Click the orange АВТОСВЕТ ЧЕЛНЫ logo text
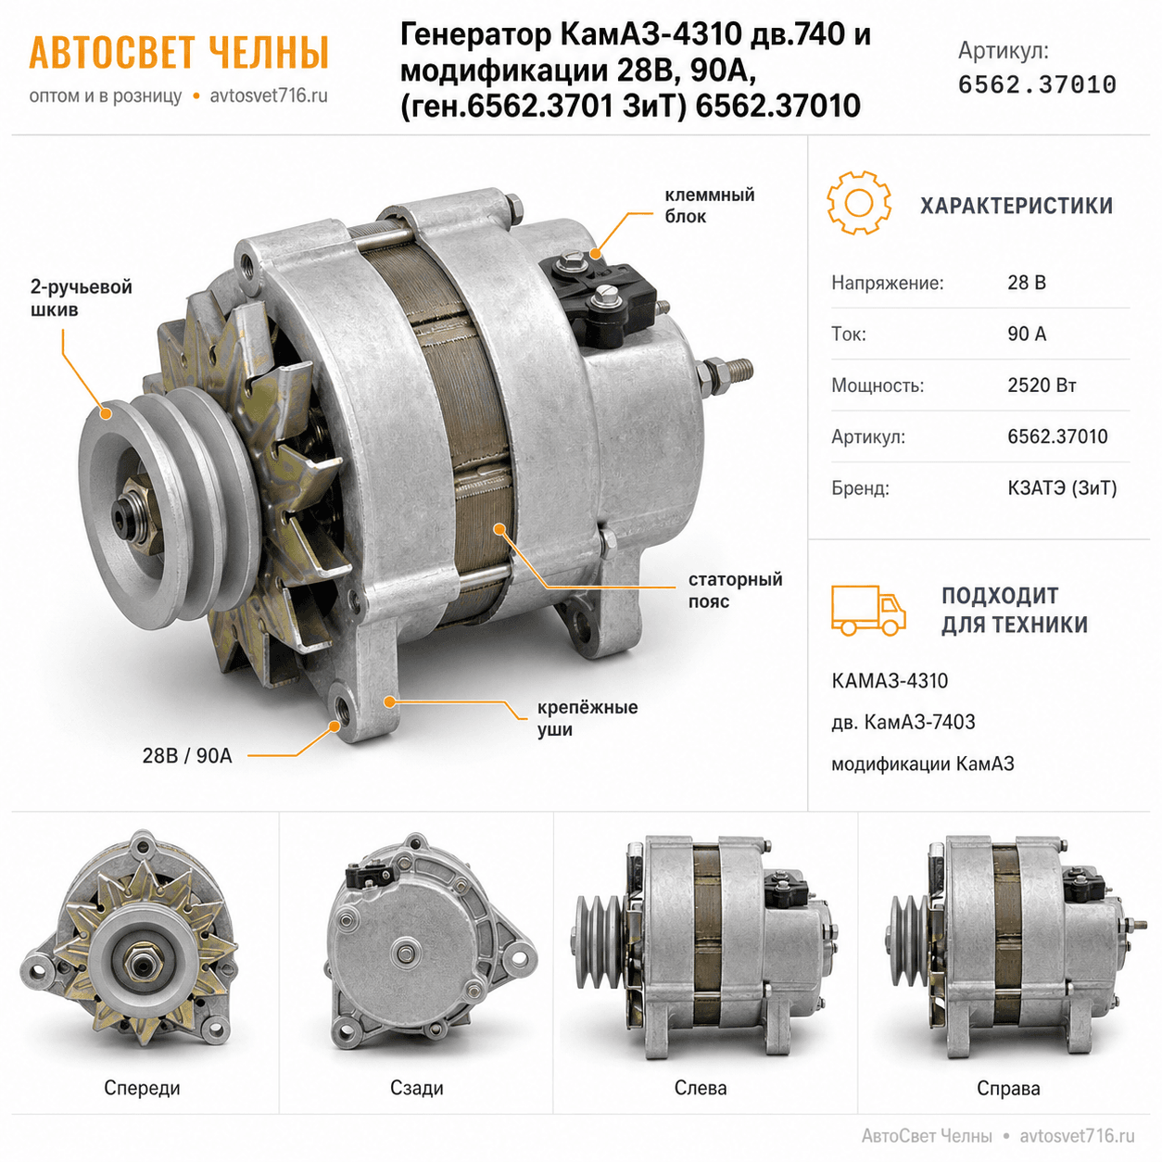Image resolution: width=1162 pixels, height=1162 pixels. (179, 53)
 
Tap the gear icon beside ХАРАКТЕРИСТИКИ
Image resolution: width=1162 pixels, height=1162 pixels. (858, 203)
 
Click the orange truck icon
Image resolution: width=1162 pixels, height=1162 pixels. (867, 610)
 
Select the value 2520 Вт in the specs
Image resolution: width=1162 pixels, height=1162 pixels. (1042, 385)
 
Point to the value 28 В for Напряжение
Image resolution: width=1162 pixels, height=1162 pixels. (1027, 283)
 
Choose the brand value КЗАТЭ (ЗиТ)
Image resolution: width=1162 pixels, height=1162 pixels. (1062, 487)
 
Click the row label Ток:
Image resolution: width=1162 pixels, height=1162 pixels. (849, 334)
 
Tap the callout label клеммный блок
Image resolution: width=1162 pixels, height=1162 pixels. (709, 205)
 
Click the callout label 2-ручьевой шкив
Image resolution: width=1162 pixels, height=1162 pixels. (82, 297)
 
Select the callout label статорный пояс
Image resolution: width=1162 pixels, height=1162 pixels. (735, 589)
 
